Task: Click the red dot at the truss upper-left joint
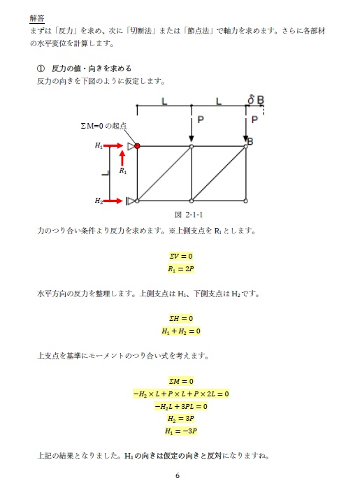[x=137, y=146]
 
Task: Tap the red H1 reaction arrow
[x=114, y=146]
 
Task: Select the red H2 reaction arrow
[x=114, y=201]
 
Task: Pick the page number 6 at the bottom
[x=178, y=476]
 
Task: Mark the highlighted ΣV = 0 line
[x=180, y=256]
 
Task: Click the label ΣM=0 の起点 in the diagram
[x=103, y=126]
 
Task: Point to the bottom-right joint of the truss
[x=247, y=201]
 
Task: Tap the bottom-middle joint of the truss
[x=192, y=201]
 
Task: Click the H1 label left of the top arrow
[x=99, y=146]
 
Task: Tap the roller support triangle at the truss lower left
[x=130, y=201]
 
